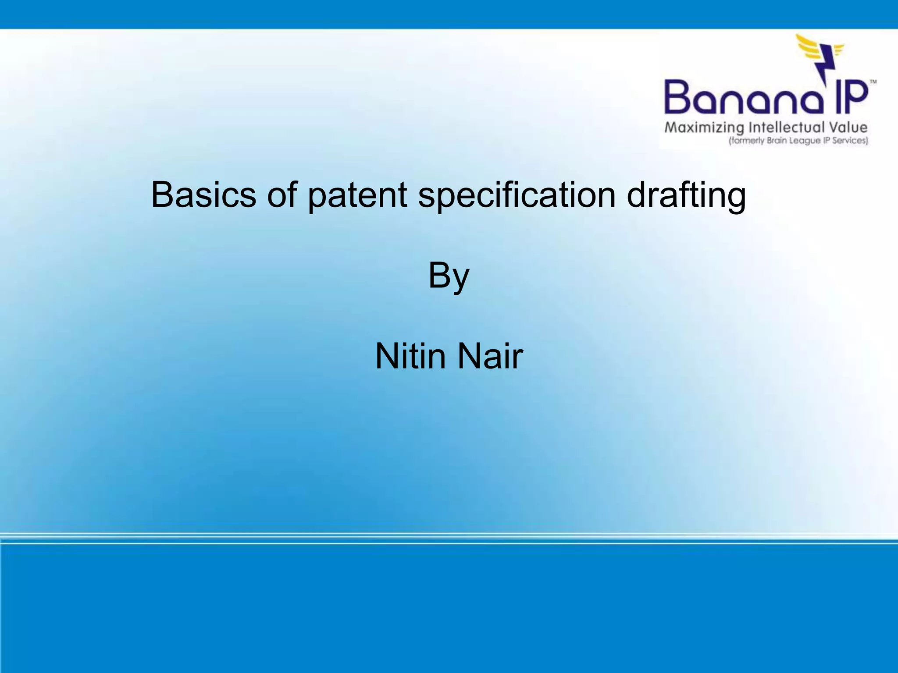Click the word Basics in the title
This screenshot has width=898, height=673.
click(203, 195)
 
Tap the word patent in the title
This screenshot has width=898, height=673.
click(357, 195)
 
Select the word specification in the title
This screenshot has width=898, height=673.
click(517, 195)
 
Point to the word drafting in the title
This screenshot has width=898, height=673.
click(686, 195)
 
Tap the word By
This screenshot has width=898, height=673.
click(449, 276)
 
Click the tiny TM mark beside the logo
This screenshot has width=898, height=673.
click(873, 82)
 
